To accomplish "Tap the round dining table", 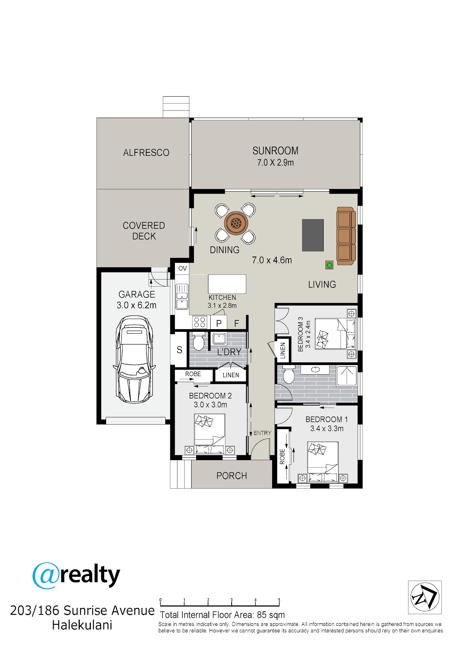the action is [236, 223].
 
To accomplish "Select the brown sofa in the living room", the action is [346, 236].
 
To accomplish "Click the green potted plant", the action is [329, 264].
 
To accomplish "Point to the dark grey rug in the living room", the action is [313, 235].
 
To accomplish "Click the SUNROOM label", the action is [275, 151].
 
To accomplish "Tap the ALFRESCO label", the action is [146, 152].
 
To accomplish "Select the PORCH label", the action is [232, 475].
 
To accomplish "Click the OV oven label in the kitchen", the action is [182, 268].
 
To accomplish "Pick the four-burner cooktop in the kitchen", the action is [200, 322].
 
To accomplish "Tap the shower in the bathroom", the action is [347, 375].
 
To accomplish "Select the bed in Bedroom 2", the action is [210, 434].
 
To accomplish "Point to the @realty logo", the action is [76, 575].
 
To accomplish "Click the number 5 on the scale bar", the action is [279, 600].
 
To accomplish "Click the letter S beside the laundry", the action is [179, 350].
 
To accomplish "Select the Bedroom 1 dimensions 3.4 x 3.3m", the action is [327, 428].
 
